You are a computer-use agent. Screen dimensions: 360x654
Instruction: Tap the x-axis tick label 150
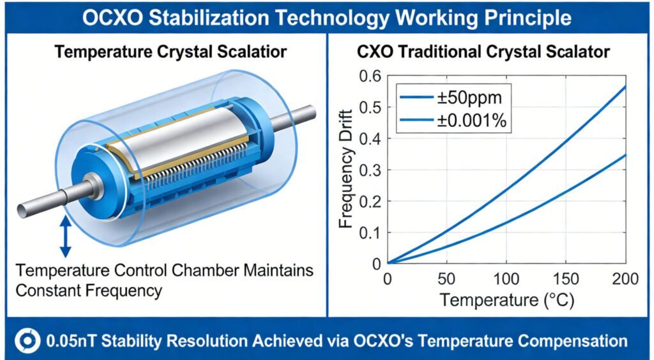[565, 279]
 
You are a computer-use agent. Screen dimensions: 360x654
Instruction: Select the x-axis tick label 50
[446, 279]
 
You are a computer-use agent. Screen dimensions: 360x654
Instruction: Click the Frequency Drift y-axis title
[347, 171]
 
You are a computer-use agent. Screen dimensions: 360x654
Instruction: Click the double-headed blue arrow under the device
[65, 236]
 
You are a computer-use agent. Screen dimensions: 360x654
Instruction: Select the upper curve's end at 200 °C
[625, 86]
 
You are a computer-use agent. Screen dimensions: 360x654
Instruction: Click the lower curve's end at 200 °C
[625, 155]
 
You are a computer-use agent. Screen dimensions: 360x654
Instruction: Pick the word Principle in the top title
[529, 17]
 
